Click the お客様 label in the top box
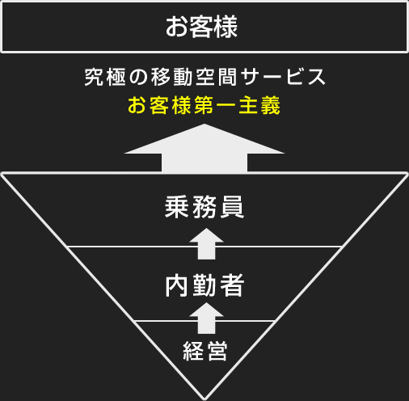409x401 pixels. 201,27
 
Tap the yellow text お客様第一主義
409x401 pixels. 204,105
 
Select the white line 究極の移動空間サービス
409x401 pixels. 204,77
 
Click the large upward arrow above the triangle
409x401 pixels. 204,148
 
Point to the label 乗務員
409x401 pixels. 204,207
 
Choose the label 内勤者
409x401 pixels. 204,285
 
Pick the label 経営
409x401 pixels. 205,351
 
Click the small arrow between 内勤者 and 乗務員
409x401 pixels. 206,244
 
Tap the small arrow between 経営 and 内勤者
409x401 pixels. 206,319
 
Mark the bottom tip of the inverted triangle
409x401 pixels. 204,399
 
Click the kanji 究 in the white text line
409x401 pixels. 93,77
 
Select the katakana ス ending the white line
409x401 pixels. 317,77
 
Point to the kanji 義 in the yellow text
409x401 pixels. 271,105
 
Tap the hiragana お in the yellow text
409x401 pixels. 137,105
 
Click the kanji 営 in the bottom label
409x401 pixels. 217,351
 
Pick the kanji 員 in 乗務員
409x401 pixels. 232,207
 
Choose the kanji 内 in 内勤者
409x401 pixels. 176,285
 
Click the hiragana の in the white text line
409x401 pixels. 138,78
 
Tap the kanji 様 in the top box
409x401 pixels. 226,27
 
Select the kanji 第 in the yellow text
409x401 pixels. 204,105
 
